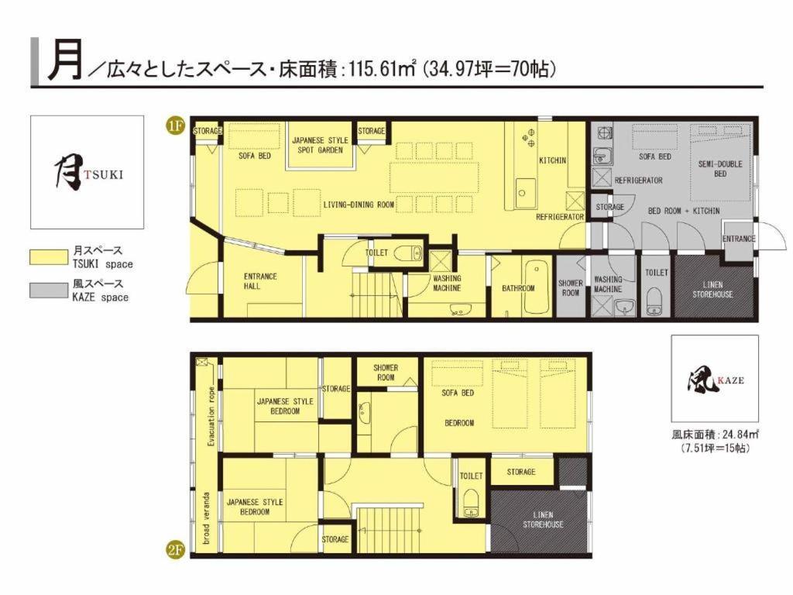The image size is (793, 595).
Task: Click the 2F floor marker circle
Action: coord(175,552)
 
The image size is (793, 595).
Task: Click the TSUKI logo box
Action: coord(87,172)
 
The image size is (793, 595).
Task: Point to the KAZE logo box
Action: coord(714,378)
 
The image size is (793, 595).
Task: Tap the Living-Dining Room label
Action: coord(359,205)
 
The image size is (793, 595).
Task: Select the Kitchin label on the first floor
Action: coord(552,160)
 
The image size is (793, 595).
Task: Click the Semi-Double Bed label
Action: coord(719,169)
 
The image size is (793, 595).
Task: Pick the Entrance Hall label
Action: coord(260,280)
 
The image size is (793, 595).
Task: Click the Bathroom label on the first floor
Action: coord(518,288)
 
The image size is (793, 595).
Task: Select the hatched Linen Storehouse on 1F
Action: coord(712,289)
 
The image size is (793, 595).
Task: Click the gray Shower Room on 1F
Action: coord(570,288)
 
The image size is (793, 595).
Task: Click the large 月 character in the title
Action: coord(64,61)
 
